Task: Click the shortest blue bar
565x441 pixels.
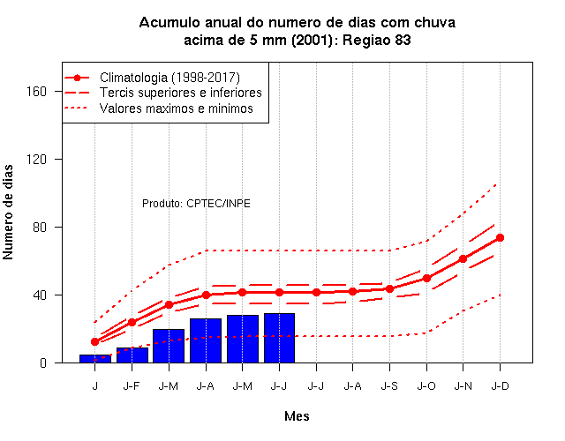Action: point(95,359)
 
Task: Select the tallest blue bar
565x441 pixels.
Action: point(279,338)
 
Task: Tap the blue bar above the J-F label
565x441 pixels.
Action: point(132,355)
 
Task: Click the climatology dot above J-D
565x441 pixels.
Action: point(500,237)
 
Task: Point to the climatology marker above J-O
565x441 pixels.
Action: point(426,279)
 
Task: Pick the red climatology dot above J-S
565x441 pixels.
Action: point(389,288)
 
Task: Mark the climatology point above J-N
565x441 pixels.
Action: point(463,258)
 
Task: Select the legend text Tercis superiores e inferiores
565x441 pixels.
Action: point(180,93)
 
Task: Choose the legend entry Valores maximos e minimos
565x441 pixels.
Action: point(177,108)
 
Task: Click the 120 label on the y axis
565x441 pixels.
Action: point(37,159)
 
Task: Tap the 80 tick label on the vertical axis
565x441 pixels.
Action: point(40,228)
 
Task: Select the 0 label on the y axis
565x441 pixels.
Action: point(43,363)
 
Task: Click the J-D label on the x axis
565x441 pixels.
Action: point(501,386)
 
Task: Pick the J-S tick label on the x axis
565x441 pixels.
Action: point(389,386)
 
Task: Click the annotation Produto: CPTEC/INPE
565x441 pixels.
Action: point(196,204)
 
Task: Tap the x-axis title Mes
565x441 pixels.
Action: point(297,416)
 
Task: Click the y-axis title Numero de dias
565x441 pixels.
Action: point(8,213)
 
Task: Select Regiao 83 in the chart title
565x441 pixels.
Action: point(377,40)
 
